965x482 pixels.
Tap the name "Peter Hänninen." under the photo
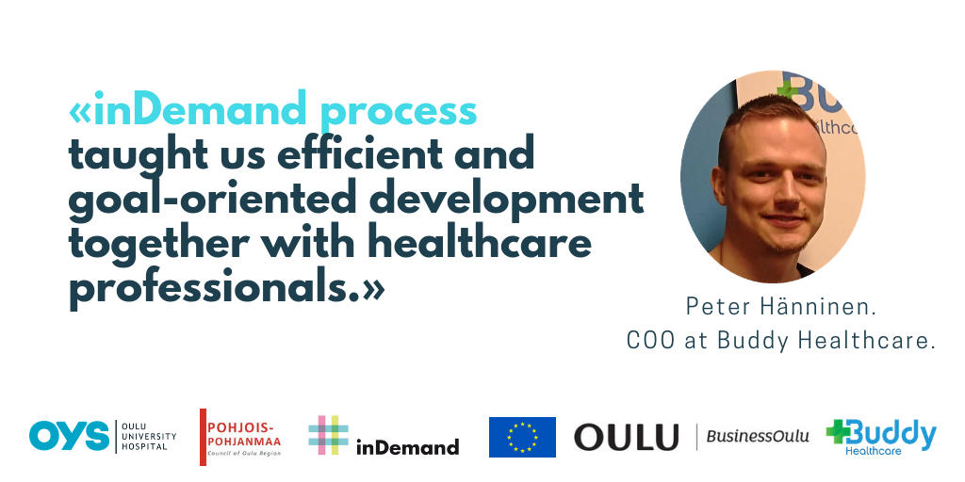tap(780, 308)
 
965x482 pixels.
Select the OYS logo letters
tap(69, 436)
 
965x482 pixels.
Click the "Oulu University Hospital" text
tap(148, 436)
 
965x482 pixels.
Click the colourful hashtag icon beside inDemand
tap(328, 435)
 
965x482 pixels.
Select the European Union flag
tap(522, 437)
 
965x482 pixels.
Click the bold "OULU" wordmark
tap(626, 437)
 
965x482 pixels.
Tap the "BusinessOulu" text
tap(758, 437)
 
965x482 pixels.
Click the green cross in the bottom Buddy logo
tap(838, 430)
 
